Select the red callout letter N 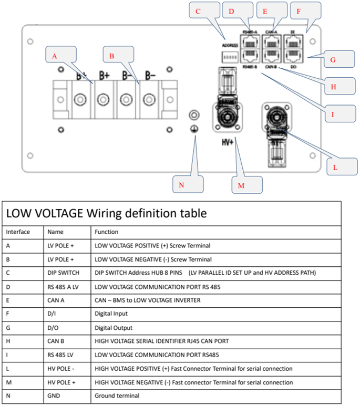point(181,184)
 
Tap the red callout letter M point(241,185)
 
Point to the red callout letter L point(335,168)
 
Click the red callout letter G point(333,60)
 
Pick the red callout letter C point(198,11)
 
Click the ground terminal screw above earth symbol point(196,115)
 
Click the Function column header point(106,231)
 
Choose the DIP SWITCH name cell point(64,273)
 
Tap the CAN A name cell point(57,300)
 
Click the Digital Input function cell point(111,314)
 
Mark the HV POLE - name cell point(62,368)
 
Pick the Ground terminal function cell point(117,395)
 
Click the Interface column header point(18,231)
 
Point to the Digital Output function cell point(113,327)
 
